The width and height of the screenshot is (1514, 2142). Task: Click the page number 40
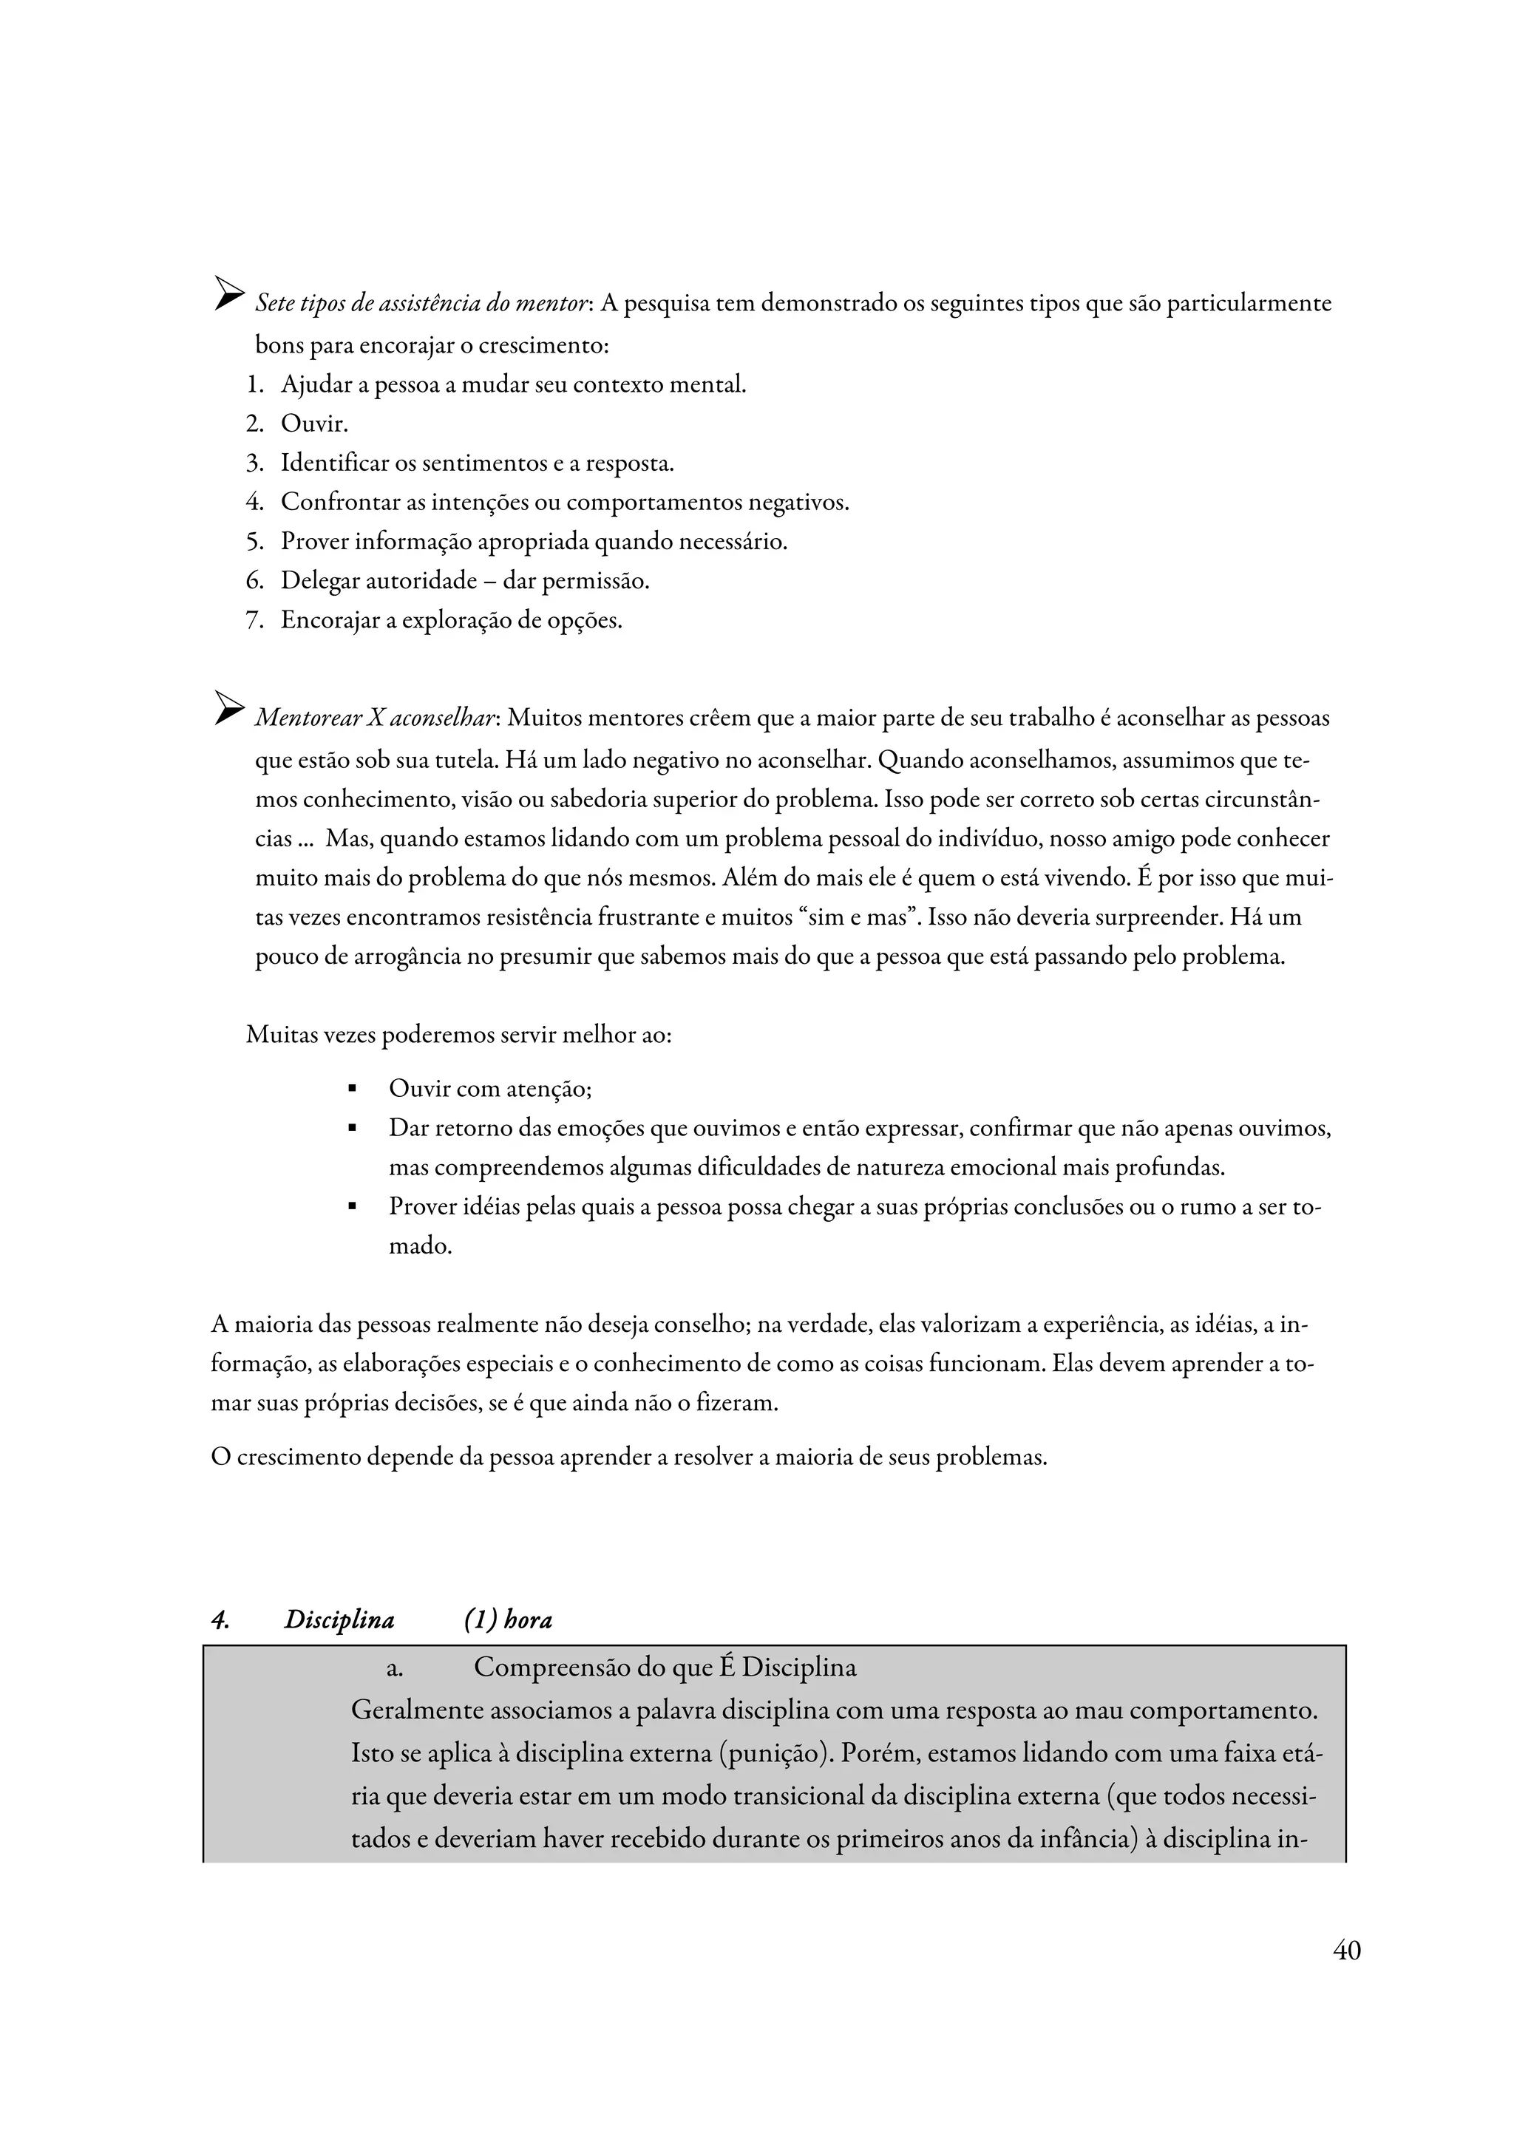[x=1346, y=1950]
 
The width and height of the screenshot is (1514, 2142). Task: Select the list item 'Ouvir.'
[x=314, y=424]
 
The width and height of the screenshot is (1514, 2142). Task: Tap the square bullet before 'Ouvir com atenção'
[x=353, y=1089]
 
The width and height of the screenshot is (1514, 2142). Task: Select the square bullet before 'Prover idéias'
[x=353, y=1207]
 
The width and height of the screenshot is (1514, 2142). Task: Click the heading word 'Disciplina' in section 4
[x=339, y=1619]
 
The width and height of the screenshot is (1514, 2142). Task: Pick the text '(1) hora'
[x=507, y=1619]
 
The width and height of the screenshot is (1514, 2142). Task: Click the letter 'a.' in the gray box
[x=395, y=1668]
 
